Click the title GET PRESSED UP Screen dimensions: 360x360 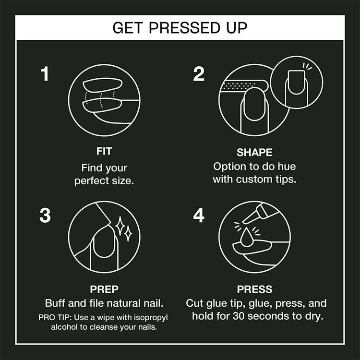pos(180,27)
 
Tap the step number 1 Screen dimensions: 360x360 pos(45,74)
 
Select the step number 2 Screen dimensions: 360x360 pos(199,74)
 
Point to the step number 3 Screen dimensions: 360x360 pos(45,216)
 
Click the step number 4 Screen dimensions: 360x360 pos(199,216)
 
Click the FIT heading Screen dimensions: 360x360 pos(104,152)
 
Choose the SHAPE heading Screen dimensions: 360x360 pos(254,153)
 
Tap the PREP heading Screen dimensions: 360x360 pos(104,289)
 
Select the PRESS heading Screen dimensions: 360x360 pos(254,289)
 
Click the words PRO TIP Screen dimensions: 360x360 pos(54,318)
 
